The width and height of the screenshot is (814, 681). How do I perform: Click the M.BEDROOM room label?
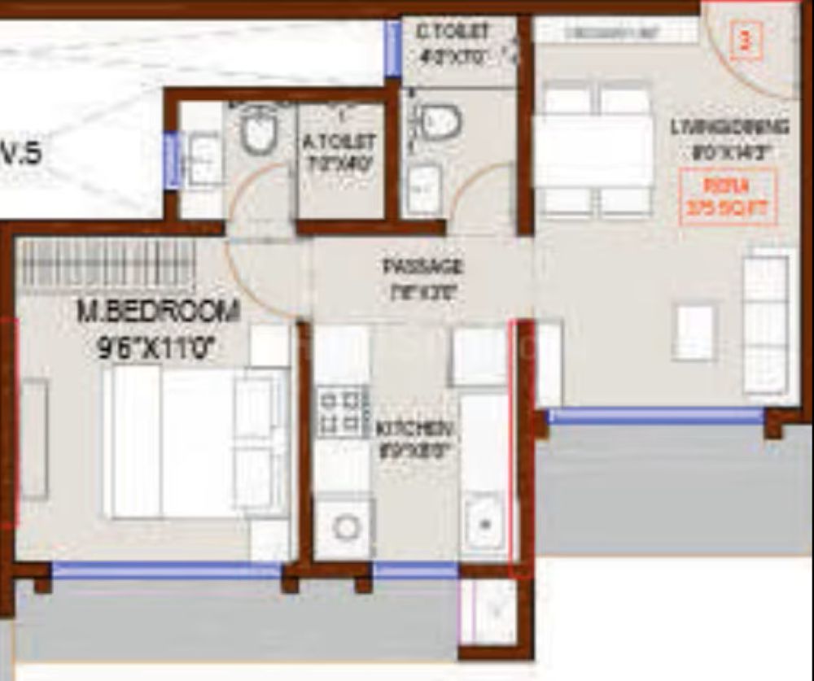tap(158, 311)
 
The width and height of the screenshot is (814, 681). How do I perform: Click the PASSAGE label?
tap(422, 267)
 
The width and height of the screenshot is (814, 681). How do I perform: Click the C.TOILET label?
tap(453, 33)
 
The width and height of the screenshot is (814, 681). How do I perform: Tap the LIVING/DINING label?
tap(729, 128)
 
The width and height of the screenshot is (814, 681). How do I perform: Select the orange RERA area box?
tap(728, 196)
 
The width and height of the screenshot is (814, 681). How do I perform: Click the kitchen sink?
tap(484, 522)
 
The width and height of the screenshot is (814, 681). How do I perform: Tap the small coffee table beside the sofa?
tap(694, 332)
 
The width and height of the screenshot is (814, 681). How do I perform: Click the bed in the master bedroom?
tap(195, 442)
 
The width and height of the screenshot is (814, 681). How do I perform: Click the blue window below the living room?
tap(655, 416)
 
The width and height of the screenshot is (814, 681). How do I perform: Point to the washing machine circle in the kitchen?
tap(346, 527)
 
